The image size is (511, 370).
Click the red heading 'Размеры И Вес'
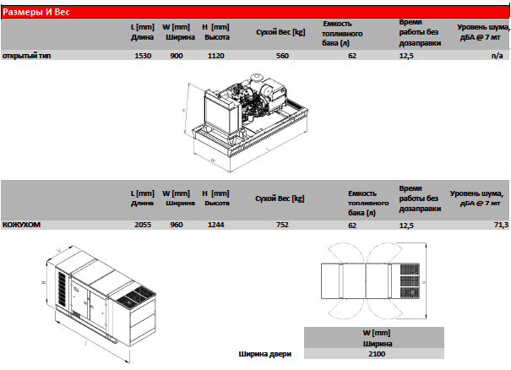point(36,12)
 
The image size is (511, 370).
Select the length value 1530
point(143,56)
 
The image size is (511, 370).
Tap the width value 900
point(177,56)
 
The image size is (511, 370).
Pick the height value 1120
point(216,56)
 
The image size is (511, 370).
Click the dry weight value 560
point(282,56)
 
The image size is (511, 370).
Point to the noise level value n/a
point(497,56)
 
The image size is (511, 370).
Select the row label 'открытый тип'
point(27,56)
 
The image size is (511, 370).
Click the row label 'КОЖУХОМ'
point(21,225)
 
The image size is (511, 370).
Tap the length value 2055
point(143,225)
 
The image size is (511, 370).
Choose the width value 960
point(177,225)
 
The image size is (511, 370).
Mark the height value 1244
point(216,225)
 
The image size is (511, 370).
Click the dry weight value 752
point(282,225)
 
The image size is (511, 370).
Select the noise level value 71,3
point(501,225)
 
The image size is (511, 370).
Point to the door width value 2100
point(377,354)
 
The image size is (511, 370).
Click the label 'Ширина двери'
point(265,354)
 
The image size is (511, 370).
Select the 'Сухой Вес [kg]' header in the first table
point(280,32)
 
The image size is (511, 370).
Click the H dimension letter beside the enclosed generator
point(44,282)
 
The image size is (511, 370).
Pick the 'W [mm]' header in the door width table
point(377,333)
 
